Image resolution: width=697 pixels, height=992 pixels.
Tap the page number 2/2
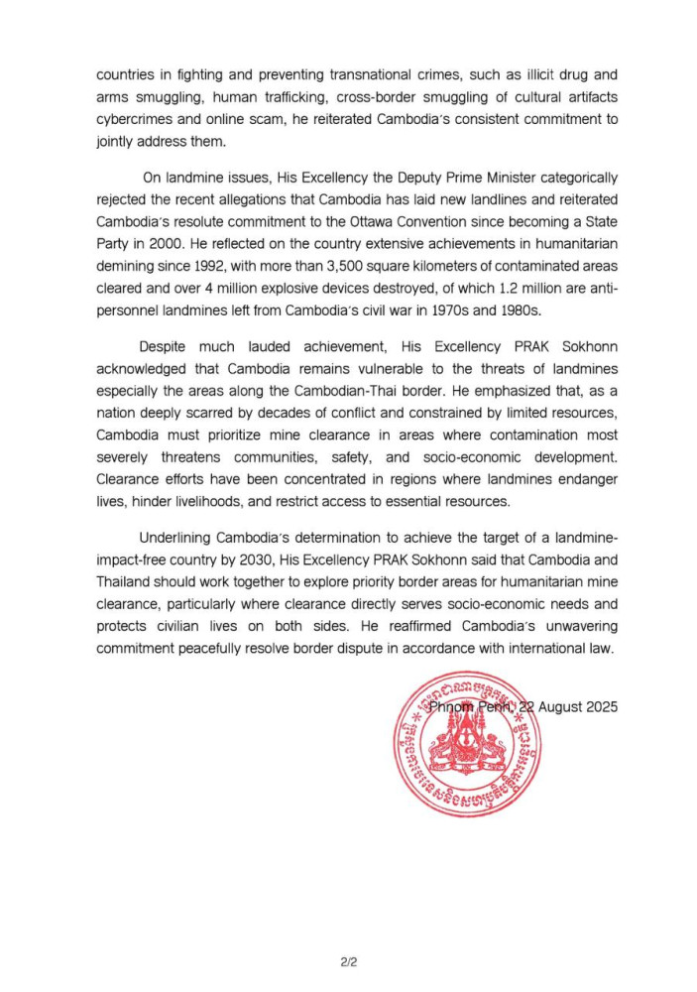point(348,961)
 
